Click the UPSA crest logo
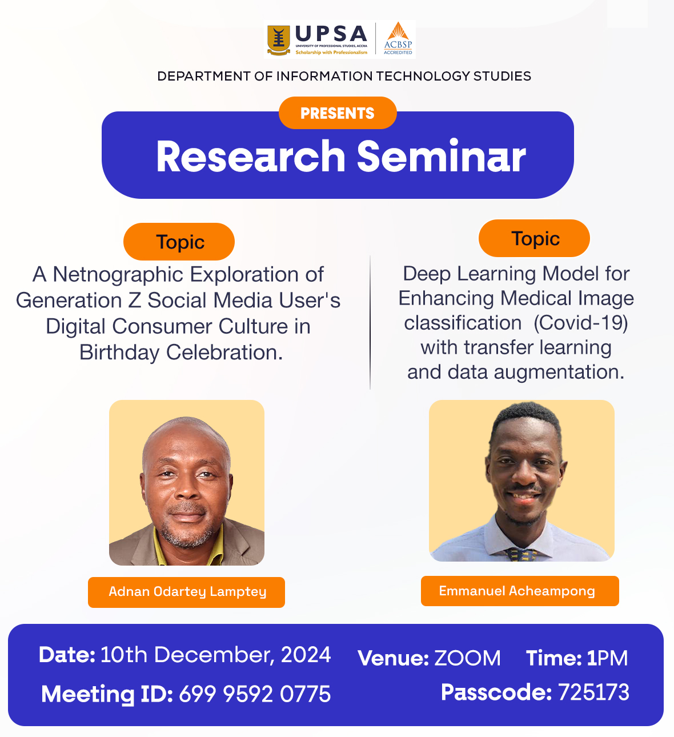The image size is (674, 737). (x=278, y=40)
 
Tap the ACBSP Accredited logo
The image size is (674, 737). (x=398, y=38)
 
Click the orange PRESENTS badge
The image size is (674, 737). (x=338, y=113)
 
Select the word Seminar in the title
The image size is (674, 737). (x=441, y=156)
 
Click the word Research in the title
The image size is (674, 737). (x=251, y=156)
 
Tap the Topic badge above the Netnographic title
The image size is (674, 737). (x=179, y=241)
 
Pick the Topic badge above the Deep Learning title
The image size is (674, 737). (x=534, y=238)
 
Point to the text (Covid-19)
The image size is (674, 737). (x=581, y=323)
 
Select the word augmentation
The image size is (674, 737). (x=559, y=372)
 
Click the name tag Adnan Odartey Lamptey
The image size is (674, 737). (x=186, y=592)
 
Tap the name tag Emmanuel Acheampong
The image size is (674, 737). (x=520, y=591)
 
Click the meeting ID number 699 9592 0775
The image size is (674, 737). (x=255, y=694)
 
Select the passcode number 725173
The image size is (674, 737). (x=593, y=692)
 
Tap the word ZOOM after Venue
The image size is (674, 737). (x=467, y=658)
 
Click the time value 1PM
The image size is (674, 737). (x=608, y=658)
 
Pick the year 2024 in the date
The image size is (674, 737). (x=306, y=655)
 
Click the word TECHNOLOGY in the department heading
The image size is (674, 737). (x=423, y=76)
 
